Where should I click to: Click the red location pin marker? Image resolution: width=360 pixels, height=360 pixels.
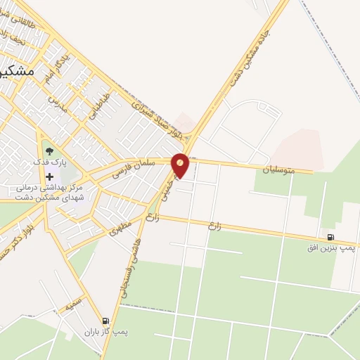point(181,165)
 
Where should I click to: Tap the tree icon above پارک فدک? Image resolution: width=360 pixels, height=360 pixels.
point(48,149)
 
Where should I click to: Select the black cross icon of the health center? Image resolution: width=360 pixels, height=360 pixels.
point(49,176)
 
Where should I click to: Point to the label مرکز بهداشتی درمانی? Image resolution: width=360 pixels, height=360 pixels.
point(50,188)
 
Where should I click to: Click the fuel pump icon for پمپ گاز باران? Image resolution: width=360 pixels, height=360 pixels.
point(105,321)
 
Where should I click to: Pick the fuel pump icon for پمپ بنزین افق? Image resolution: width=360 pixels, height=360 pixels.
point(330,236)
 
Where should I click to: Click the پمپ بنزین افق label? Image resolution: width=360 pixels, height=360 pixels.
point(331,247)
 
